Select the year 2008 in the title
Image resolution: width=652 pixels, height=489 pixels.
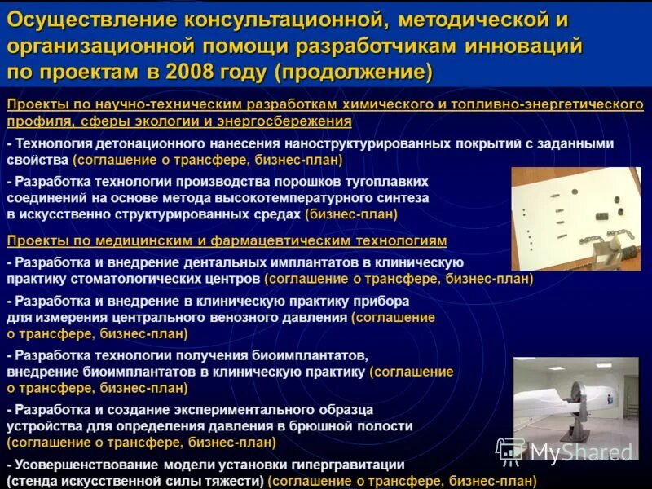[192, 71]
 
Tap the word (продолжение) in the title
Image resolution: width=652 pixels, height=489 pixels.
[353, 71]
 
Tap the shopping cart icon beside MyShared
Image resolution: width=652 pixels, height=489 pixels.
[510, 452]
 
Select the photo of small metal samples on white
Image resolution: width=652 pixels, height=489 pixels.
[575, 218]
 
